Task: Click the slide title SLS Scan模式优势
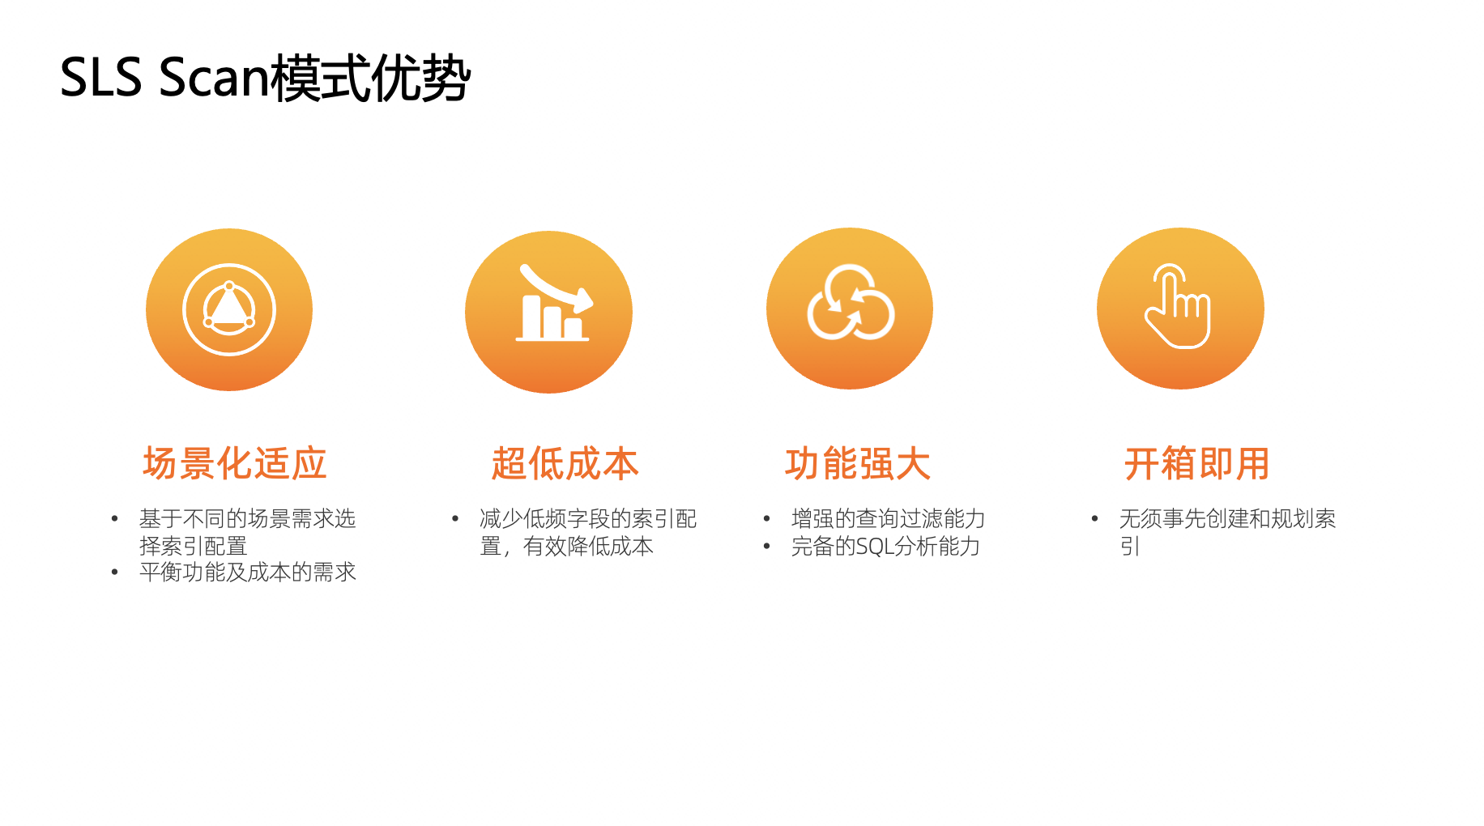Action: (x=265, y=78)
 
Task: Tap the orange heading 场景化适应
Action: (x=235, y=464)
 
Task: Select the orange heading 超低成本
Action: (x=565, y=464)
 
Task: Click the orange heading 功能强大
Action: (x=858, y=464)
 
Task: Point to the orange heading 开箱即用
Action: (x=1196, y=464)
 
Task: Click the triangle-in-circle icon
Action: (x=229, y=309)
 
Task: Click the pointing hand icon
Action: (x=1179, y=307)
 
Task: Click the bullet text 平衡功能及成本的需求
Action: (x=247, y=573)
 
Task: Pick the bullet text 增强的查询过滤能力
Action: (x=888, y=519)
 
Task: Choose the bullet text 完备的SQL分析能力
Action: (x=885, y=547)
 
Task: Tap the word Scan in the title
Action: (x=214, y=78)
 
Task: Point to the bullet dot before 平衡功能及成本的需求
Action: (x=115, y=573)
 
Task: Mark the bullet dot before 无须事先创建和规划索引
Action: (x=1094, y=519)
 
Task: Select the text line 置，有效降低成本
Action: (x=566, y=547)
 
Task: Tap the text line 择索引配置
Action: (x=193, y=546)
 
